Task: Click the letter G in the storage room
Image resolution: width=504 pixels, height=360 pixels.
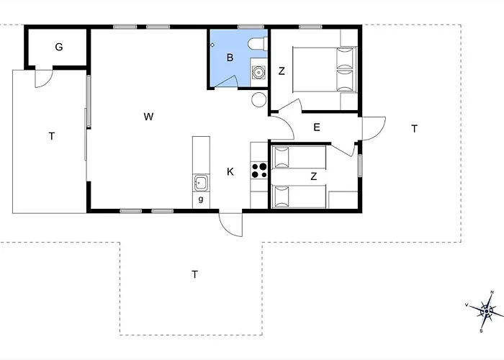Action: [59, 48]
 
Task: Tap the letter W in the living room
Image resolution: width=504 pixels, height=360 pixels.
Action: [148, 117]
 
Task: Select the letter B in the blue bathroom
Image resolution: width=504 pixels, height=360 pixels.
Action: [230, 58]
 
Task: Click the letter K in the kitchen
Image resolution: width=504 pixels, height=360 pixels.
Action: [230, 172]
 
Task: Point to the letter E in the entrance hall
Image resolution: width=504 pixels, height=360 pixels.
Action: [317, 127]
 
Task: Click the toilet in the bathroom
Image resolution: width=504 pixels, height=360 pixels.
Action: [258, 44]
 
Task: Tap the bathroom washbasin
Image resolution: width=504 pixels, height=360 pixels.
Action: [258, 72]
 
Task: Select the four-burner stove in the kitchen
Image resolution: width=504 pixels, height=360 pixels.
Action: [259, 171]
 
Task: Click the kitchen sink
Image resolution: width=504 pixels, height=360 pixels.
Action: [201, 183]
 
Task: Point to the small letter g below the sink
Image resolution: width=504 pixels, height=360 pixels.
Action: [201, 199]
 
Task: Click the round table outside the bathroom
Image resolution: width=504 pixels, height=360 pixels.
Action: [259, 99]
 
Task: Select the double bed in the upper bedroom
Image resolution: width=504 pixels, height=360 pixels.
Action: [325, 70]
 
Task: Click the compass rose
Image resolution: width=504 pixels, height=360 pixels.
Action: [487, 311]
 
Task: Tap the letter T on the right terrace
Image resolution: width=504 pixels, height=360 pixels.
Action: [414, 129]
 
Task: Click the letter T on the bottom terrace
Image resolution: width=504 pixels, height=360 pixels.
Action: [194, 274]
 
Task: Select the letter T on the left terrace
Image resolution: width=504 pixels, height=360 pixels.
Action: [51, 136]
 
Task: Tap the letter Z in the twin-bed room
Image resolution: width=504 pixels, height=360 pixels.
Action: [314, 176]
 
